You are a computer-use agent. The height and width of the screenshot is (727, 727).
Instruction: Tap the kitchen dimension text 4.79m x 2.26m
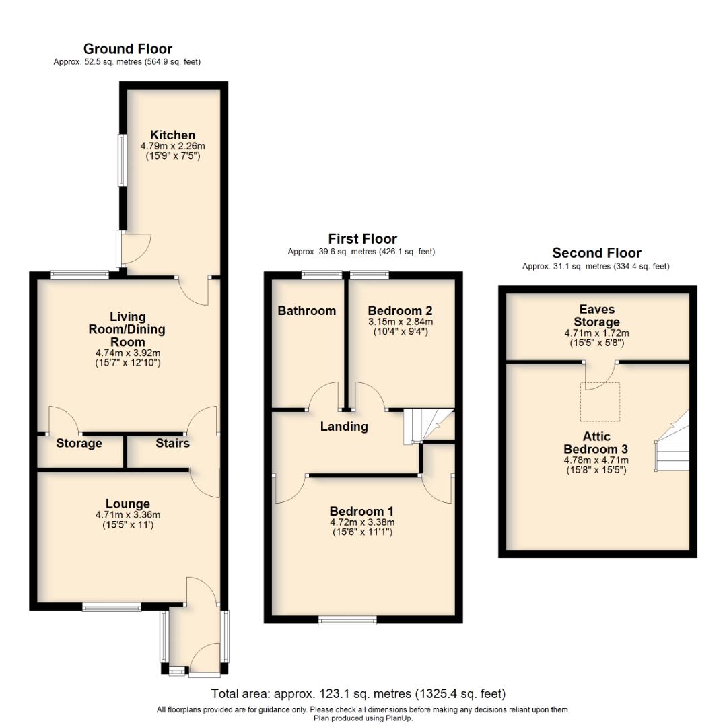[172, 146]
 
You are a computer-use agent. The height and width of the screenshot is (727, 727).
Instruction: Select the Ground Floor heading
[127, 48]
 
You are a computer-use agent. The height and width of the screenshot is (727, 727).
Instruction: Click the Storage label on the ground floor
[79, 443]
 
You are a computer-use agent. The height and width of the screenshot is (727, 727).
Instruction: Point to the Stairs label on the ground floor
[172, 443]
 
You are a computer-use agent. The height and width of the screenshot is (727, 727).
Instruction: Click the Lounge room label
[127, 504]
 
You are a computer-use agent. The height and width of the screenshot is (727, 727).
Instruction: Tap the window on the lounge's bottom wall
[112, 607]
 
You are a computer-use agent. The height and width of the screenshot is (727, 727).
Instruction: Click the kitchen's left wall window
[123, 160]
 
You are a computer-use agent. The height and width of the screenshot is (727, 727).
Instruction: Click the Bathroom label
[306, 310]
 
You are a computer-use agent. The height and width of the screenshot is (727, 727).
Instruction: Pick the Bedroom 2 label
[400, 310]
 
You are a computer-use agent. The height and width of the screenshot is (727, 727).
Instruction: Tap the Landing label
[344, 426]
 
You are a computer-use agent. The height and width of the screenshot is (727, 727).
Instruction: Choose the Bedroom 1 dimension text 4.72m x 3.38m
[361, 522]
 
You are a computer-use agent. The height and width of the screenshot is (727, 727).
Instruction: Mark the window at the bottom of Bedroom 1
[348, 620]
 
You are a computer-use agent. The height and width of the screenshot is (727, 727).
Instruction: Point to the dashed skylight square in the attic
[600, 402]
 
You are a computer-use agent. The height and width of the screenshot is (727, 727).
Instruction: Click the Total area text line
[358, 693]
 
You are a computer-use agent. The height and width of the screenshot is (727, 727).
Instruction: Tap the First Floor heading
[362, 239]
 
